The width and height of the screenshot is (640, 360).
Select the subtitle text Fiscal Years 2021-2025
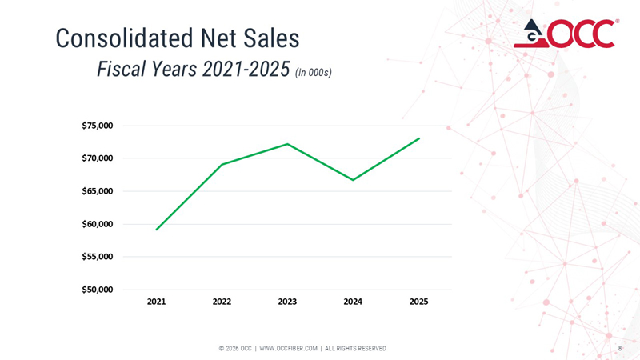point(191,70)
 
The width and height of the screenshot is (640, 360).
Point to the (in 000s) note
point(314,73)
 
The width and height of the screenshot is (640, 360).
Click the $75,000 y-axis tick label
point(98,126)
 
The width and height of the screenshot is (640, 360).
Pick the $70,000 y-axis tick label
point(98,158)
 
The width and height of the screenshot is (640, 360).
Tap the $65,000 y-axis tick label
point(98,191)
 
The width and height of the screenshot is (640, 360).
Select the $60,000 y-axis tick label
point(98,224)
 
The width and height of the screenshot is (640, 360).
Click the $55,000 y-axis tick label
point(98,257)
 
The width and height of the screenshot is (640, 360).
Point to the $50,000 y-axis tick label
point(98,290)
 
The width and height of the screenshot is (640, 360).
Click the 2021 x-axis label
point(156,302)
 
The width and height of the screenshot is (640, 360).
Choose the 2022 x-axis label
point(222,302)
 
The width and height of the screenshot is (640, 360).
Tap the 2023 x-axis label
point(287,302)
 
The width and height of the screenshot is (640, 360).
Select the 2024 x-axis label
point(353,302)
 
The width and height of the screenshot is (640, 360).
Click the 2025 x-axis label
point(418,302)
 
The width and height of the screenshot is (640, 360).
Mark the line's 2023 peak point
point(287,144)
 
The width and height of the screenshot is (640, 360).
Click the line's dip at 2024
point(353,180)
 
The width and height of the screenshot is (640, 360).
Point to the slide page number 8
point(620,348)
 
